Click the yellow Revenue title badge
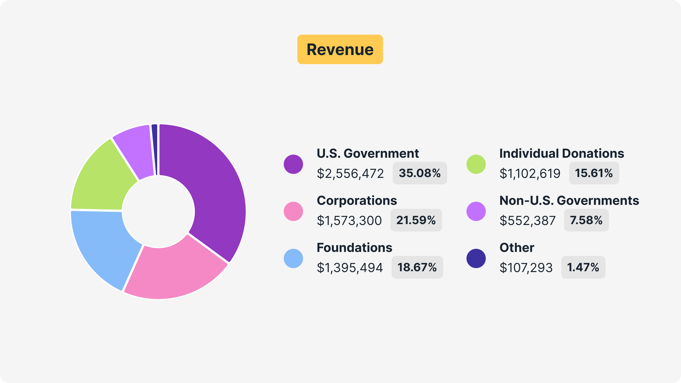click(340, 49)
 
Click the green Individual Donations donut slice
click(102, 179)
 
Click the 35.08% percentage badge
click(419, 173)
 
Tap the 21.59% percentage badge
click(416, 220)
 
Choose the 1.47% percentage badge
click(583, 267)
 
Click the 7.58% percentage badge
click(586, 220)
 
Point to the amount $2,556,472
click(350, 173)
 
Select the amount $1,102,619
click(530, 173)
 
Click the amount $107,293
click(526, 268)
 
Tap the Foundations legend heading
click(354, 248)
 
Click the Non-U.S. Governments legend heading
click(569, 201)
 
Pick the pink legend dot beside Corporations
click(293, 211)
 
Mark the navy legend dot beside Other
click(476, 258)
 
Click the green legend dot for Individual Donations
click(476, 164)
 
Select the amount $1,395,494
click(350, 268)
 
